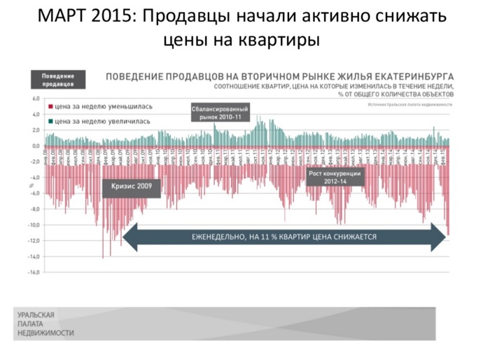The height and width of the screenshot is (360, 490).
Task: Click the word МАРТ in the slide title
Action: (x=61, y=15)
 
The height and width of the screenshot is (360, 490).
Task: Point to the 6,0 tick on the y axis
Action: (x=36, y=99)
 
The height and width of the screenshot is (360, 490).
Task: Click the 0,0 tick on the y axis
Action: (x=36, y=146)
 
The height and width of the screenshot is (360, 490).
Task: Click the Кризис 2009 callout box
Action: (x=131, y=186)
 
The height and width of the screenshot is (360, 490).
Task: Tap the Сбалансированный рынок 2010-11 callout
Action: (x=220, y=112)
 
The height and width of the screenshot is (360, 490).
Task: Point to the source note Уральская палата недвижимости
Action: (x=409, y=104)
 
